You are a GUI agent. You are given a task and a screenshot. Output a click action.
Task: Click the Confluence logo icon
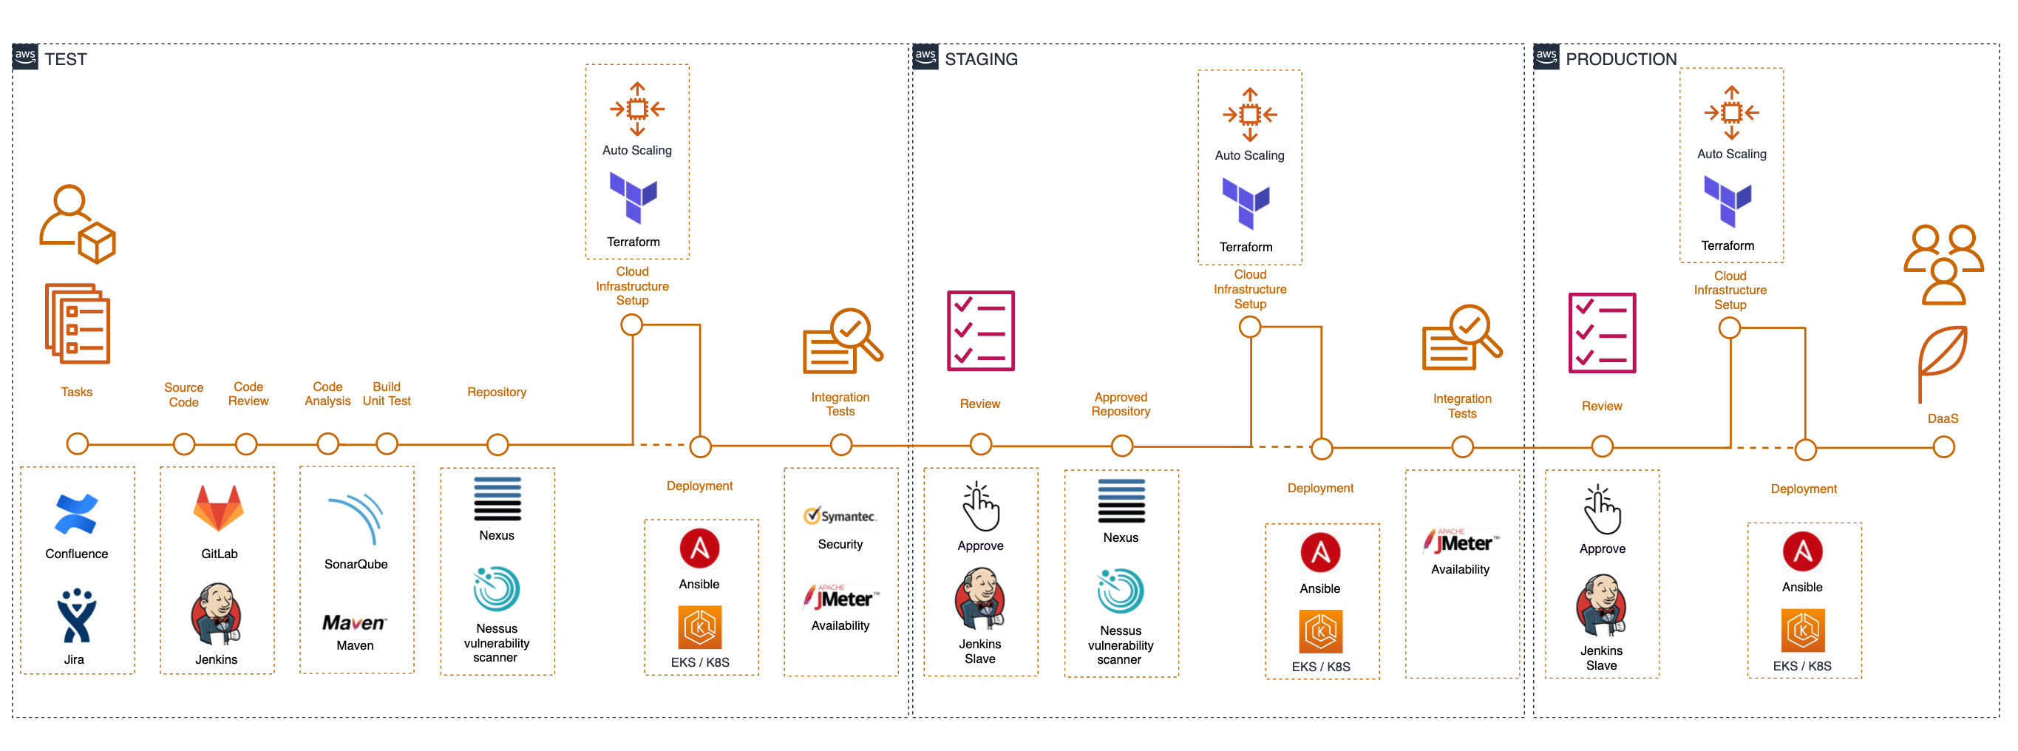[x=76, y=514]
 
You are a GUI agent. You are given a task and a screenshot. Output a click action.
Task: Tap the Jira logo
[x=76, y=616]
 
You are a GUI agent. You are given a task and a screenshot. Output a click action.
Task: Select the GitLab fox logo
[x=219, y=509]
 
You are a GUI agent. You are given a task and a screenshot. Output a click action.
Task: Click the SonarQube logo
[x=357, y=517]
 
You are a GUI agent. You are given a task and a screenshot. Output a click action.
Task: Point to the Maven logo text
[x=354, y=622]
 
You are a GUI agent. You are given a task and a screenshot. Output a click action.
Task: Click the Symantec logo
[x=840, y=516]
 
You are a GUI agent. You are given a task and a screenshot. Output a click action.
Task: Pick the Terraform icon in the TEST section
[x=633, y=198]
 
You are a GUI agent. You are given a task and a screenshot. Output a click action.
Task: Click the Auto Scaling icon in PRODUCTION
[x=1731, y=113]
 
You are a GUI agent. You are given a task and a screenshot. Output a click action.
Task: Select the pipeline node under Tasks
[x=78, y=444]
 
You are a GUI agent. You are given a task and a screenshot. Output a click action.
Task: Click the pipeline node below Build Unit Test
[x=387, y=444]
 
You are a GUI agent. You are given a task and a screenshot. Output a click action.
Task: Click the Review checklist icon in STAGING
[x=980, y=330]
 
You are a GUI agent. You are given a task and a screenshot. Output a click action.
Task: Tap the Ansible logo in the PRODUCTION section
[x=1802, y=551]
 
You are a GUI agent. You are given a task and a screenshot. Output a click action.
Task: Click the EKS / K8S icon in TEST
[x=699, y=628]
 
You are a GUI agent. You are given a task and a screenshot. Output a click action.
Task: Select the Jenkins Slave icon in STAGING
[x=980, y=599]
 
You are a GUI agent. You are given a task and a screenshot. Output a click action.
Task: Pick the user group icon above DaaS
[x=1943, y=264]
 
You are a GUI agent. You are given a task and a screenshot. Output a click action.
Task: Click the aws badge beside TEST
[x=25, y=56]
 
